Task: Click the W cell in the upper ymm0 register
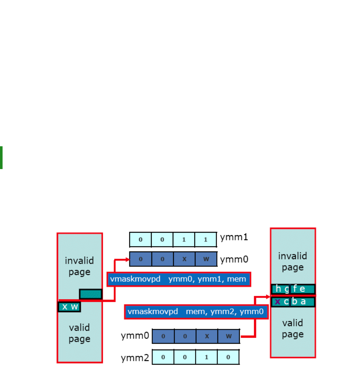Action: pos(206,259)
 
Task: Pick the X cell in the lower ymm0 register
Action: pos(207,336)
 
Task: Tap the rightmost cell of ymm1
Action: pos(206,239)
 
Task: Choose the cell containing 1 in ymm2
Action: pos(207,357)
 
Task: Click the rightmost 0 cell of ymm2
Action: pos(228,357)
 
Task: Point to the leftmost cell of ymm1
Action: pos(140,239)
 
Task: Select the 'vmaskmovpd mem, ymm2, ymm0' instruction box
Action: pos(196,312)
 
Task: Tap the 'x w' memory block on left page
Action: pos(69,307)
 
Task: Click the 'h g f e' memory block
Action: pos(293,289)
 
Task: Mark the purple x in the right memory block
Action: pos(277,302)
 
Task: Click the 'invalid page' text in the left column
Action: pos(79,266)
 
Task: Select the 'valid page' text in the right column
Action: pos(293,329)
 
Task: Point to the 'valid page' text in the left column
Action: pos(79,333)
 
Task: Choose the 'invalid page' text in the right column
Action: pos(293,261)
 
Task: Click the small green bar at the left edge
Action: pos(1,158)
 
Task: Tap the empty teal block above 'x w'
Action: pos(90,294)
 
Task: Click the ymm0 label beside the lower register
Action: pos(135,336)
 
